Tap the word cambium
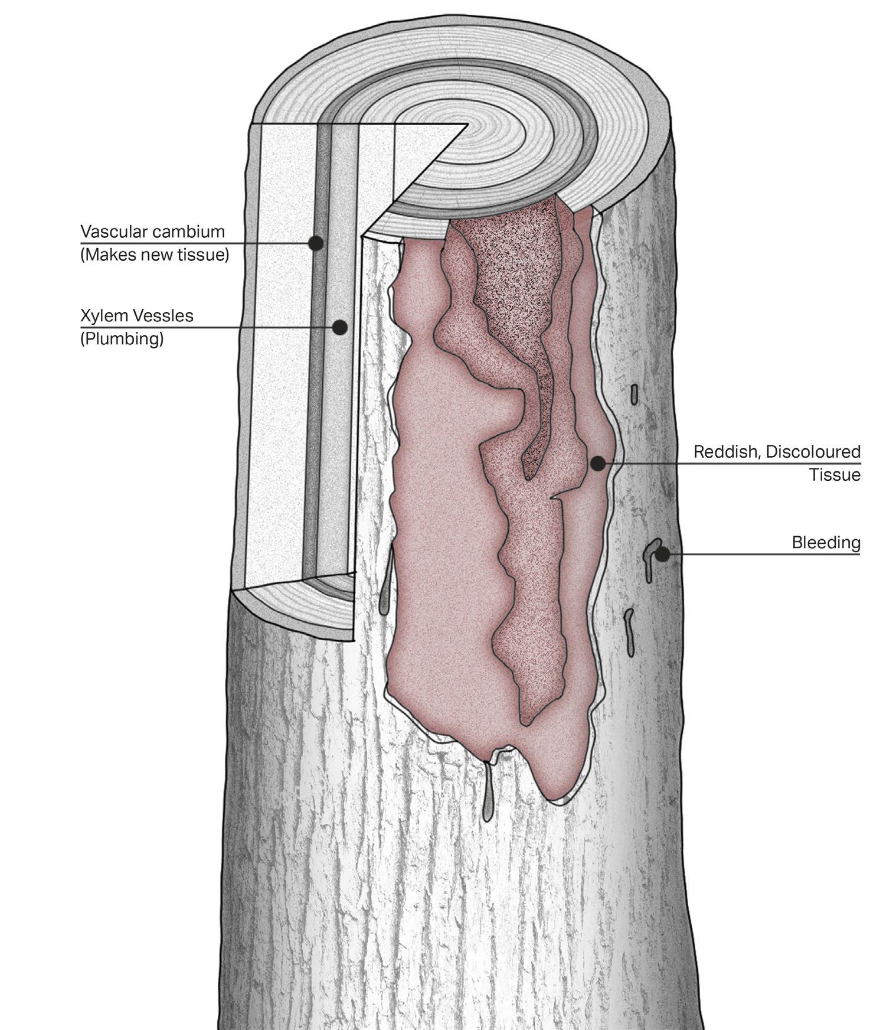coord(188,231)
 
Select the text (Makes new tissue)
coord(155,255)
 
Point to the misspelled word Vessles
coord(163,315)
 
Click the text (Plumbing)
coord(122,339)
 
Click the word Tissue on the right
coord(835,475)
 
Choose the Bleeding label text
coord(826,542)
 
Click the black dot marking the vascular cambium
coord(316,243)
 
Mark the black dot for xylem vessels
coord(339,327)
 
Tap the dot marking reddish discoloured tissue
coord(598,464)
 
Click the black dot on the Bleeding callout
coord(663,554)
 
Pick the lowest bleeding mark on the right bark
coord(629,632)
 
